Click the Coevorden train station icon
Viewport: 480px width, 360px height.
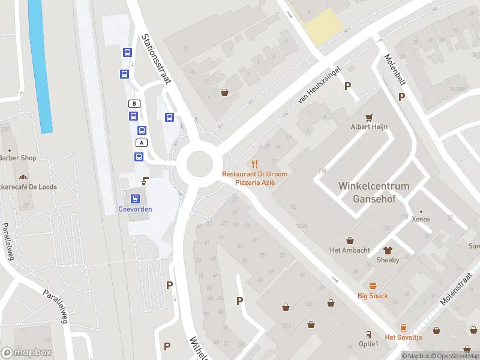point(135,199)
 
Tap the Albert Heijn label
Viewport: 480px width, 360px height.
point(369,127)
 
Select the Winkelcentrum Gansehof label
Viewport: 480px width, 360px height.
point(373,192)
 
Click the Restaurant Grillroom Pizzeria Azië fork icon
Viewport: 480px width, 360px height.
point(255,163)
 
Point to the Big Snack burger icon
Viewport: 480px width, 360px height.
point(373,286)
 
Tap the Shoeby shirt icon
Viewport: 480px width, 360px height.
point(388,250)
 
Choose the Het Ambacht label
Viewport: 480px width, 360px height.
point(350,250)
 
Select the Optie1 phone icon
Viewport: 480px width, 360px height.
point(369,334)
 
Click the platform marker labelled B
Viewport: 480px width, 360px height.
point(135,104)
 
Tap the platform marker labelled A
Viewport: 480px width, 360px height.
point(142,143)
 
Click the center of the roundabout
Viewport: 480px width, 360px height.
point(199,163)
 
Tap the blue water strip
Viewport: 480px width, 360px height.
point(40,66)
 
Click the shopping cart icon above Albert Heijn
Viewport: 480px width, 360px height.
point(370,117)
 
